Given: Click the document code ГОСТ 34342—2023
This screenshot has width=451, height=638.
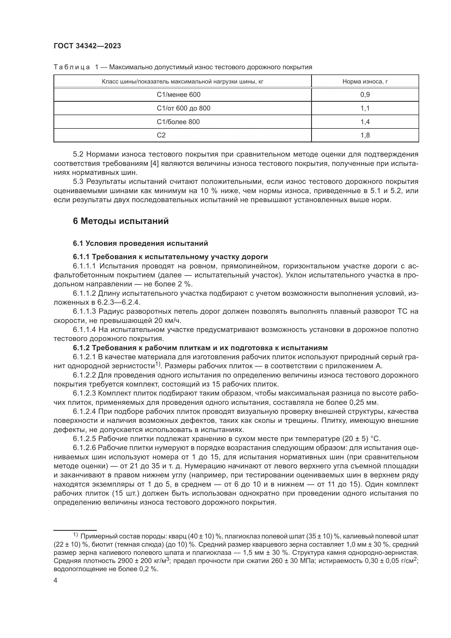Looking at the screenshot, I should pyautogui.click(x=87, y=46).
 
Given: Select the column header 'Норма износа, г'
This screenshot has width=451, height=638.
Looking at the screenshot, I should pyautogui.click(x=365, y=81).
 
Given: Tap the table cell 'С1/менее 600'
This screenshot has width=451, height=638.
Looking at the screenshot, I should pyautogui.click(x=179, y=95).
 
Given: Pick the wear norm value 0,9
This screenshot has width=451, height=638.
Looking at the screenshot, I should pyautogui.click(x=365, y=95).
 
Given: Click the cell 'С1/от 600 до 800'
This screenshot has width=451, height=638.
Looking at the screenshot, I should pyautogui.click(x=183, y=108).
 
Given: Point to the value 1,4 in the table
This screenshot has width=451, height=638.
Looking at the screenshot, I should pyautogui.click(x=365, y=122).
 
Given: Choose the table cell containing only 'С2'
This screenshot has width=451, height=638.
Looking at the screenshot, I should pyautogui.click(x=161, y=135).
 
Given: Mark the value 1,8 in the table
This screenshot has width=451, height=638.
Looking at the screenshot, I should pyautogui.click(x=365, y=135).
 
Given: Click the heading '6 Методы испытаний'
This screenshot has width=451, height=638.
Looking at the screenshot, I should pyautogui.click(x=121, y=221).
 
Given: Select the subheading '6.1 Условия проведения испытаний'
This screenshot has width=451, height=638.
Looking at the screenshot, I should pyautogui.click(x=140, y=243).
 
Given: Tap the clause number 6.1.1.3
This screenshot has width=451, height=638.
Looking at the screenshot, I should pyautogui.click(x=85, y=311).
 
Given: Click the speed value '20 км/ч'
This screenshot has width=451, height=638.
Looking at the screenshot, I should pyautogui.click(x=167, y=321).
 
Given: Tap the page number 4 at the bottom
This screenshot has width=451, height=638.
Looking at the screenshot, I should pyautogui.click(x=56, y=580).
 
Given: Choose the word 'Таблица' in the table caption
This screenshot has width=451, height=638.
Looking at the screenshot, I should pyautogui.click(x=72, y=67).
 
